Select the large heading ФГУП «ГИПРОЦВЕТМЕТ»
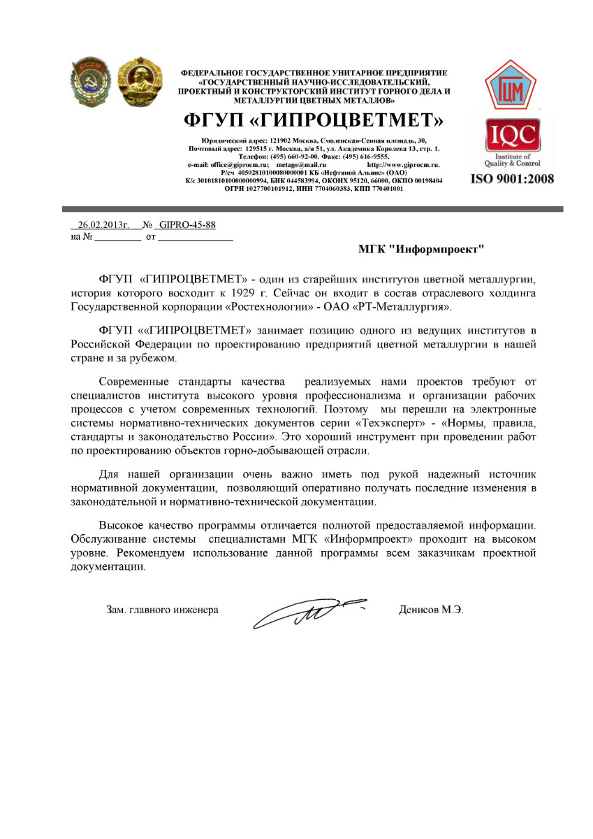click(x=314, y=120)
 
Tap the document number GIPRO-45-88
click(x=187, y=225)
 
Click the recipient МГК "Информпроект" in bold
click(x=421, y=248)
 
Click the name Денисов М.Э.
click(x=431, y=610)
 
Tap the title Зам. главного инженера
click(x=162, y=610)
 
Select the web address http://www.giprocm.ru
click(x=403, y=164)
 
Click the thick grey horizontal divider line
click(x=312, y=209)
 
